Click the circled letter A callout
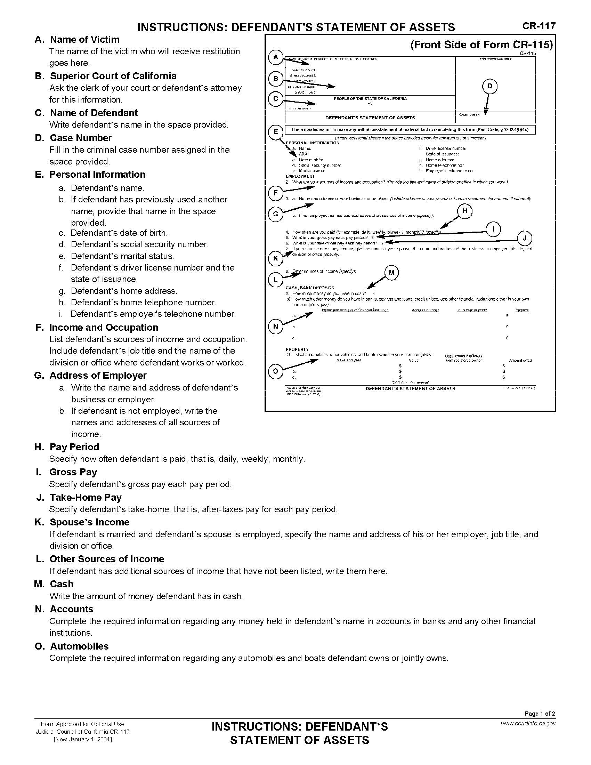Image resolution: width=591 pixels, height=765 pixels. (276, 57)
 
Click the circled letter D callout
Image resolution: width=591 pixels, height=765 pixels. (490, 86)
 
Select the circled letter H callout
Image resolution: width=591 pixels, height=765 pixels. (464, 211)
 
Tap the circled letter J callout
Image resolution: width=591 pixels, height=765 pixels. (525, 239)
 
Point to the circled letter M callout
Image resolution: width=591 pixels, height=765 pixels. (391, 273)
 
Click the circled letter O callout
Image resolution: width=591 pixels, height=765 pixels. (276, 371)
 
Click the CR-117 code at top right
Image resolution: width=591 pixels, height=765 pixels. (539, 26)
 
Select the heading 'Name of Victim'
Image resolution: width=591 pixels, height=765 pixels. (85, 39)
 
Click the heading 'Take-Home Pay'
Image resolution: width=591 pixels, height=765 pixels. (86, 497)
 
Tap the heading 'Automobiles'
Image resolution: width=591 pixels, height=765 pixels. (80, 646)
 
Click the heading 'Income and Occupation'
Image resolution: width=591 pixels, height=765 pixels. (104, 327)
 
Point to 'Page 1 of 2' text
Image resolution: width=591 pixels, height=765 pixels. (540, 714)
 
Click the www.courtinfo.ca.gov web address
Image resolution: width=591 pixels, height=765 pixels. (528, 724)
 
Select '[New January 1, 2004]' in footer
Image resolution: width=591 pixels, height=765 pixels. (83, 739)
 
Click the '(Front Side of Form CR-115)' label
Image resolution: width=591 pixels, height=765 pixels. (481, 45)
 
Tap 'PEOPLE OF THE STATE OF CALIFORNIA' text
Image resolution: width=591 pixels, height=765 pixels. (370, 99)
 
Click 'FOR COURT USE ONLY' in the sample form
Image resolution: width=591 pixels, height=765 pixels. (495, 59)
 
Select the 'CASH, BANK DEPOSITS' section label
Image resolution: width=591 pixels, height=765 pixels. (310, 288)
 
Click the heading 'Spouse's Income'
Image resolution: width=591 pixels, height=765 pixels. (90, 522)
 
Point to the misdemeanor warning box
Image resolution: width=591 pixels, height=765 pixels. (410, 130)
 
